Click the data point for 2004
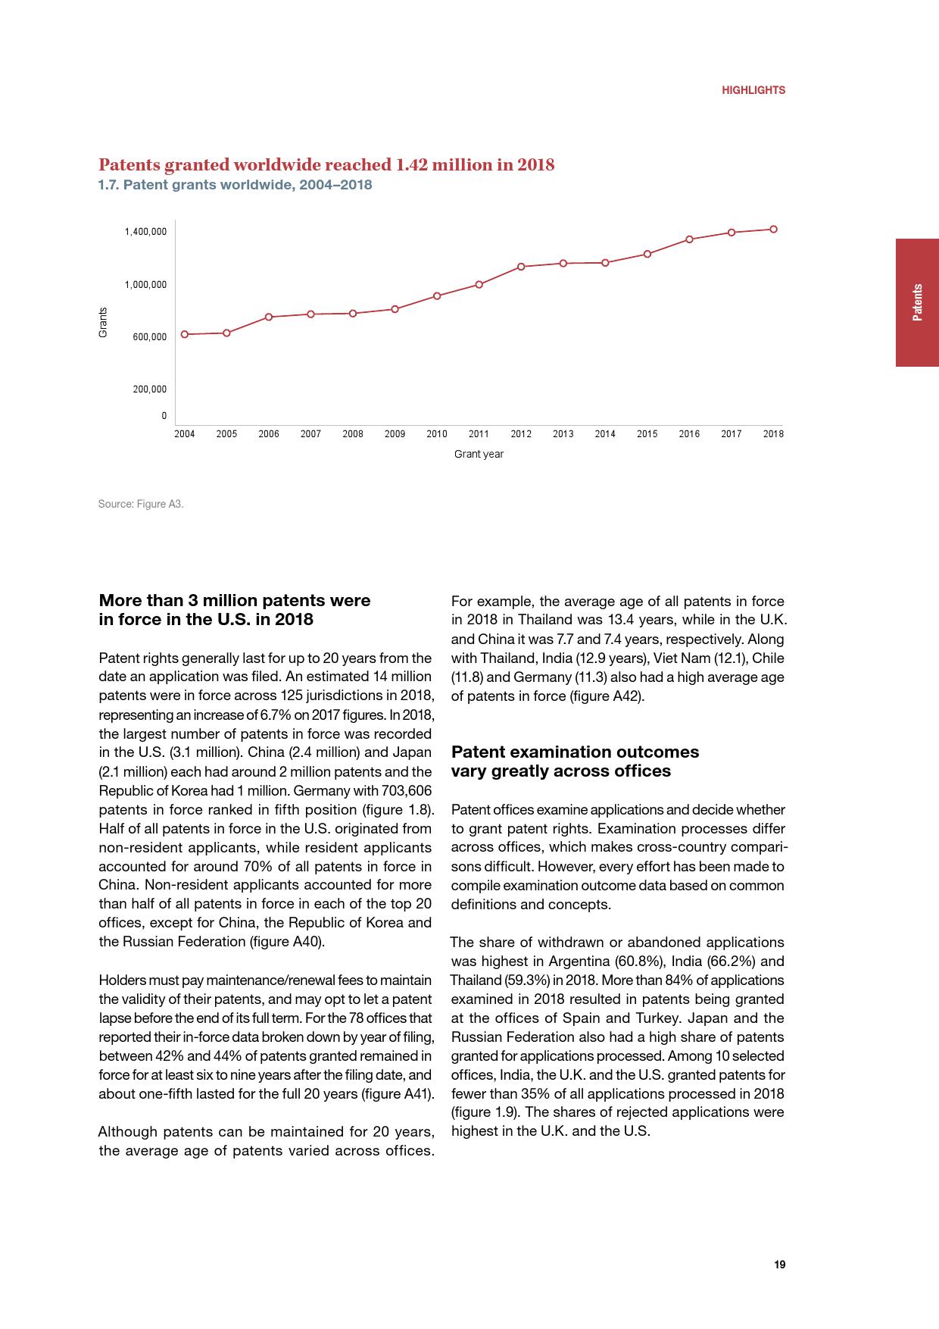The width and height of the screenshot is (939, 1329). (185, 334)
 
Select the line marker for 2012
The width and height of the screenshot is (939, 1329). (521, 267)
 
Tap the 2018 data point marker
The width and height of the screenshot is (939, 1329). (773, 229)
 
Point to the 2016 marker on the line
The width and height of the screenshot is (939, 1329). (689, 239)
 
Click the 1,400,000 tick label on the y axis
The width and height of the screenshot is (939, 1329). (145, 232)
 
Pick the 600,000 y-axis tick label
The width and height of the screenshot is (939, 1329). (149, 337)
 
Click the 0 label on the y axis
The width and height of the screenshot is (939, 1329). (164, 416)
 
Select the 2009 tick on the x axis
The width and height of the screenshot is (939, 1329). (395, 434)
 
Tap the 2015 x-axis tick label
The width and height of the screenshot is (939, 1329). (647, 434)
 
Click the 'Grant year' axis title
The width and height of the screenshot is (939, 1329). (479, 454)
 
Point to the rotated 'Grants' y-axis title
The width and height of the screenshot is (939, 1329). (103, 322)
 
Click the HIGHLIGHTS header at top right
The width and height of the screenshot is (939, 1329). (753, 90)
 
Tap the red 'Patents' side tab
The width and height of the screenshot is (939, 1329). (917, 302)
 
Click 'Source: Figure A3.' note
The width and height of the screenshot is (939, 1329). (141, 504)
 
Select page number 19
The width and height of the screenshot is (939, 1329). (779, 1265)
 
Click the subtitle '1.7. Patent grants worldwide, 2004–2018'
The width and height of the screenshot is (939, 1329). (236, 185)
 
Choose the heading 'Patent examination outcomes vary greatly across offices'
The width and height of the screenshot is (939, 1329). (575, 761)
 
